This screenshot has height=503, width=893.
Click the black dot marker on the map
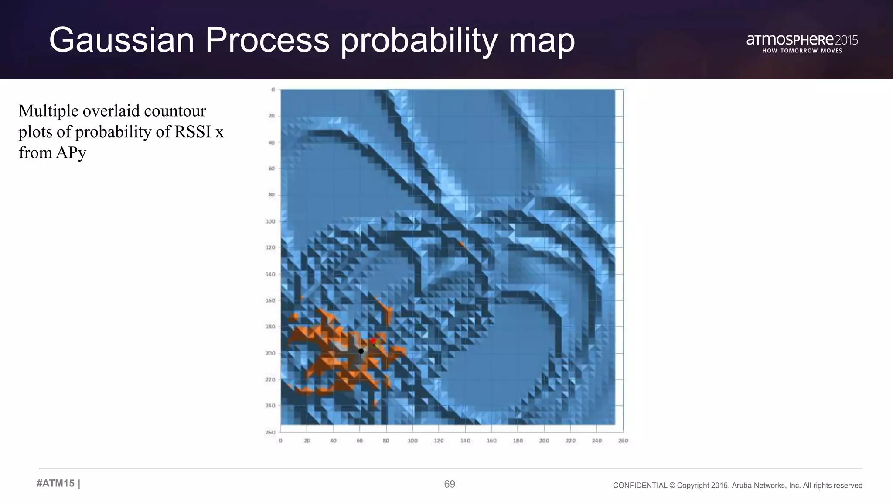[361, 351]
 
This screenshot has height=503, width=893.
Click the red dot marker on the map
[373, 341]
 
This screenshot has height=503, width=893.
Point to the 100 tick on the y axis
[270, 221]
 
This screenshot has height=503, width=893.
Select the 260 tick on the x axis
[623, 441]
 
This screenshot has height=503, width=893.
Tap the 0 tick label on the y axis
[273, 90]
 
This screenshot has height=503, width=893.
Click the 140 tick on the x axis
[465, 441]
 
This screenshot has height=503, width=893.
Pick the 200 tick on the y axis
[270, 353]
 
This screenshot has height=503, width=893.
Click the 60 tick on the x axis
[360, 441]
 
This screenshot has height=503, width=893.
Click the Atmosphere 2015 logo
[802, 40]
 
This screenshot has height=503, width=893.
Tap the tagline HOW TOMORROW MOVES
[802, 51]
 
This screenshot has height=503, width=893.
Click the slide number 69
[450, 484]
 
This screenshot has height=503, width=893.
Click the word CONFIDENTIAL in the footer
[640, 486]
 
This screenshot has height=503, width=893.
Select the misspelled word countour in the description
[174, 111]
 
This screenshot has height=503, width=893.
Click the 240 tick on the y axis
[270, 406]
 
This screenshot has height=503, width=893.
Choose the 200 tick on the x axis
[544, 441]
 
